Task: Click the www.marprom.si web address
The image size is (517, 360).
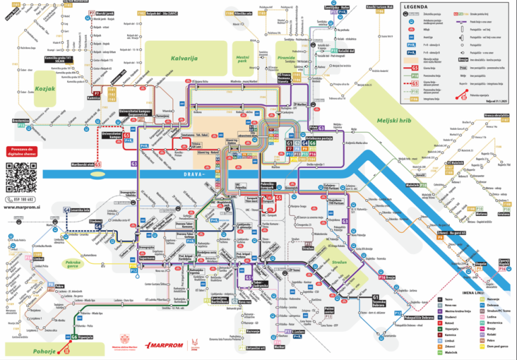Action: [x=24, y=208]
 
